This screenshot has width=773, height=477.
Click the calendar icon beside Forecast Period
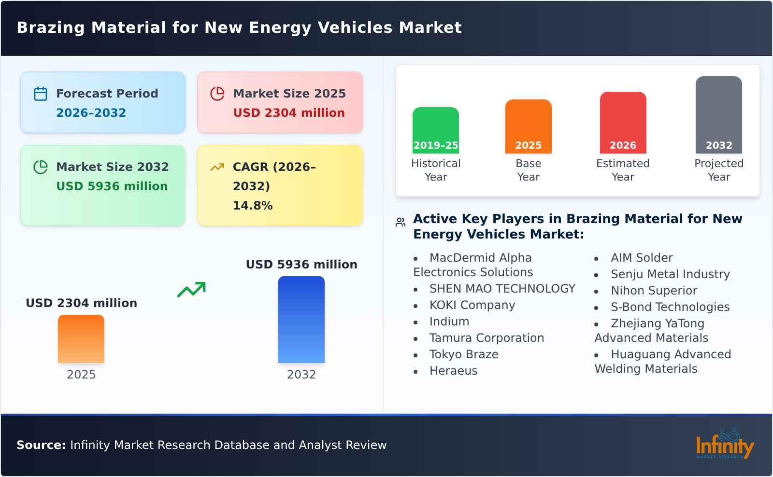pos(41,94)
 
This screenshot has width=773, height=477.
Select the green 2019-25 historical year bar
pos(435,130)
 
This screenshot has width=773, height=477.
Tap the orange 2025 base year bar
pos(528,126)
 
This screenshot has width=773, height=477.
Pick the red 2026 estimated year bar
pos(623,123)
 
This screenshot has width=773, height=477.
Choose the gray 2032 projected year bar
pos(718,115)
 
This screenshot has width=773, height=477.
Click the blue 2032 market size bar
pos(301,320)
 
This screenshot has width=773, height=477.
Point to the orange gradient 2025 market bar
pos(81,339)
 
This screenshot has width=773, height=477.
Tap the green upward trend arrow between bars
pos(191,290)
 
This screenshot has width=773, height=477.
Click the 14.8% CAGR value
pos(253,206)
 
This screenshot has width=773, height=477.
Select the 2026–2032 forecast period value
pos(91,113)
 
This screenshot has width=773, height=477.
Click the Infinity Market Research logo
pos(724,444)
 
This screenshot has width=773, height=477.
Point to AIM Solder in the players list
pos(641,258)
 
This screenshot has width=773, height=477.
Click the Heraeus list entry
pos(453,371)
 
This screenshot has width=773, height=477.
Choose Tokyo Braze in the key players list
pos(463,354)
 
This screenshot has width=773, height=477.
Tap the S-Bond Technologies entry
pos(670,307)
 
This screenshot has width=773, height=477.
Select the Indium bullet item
pos(449,322)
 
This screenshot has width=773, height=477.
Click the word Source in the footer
pos(41,445)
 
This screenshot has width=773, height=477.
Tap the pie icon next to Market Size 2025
pos(217,94)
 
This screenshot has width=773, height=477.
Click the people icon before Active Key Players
pos(401,222)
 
